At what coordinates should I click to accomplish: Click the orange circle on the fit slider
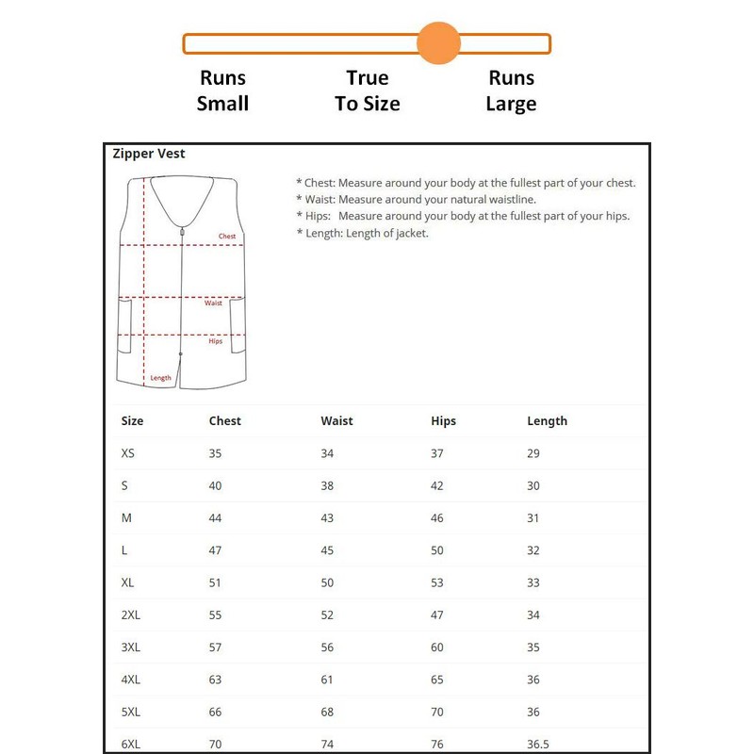coord(438,43)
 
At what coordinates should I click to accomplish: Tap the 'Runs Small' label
coord(222,90)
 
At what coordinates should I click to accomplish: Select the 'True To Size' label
coord(368,90)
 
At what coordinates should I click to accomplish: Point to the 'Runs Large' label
coord(511,90)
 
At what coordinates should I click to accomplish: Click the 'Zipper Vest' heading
coord(149,154)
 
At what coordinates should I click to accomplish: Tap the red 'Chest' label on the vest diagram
coord(227,237)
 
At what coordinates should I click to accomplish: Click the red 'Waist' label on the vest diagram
coord(214,303)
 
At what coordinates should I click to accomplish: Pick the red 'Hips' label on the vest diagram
coord(216,341)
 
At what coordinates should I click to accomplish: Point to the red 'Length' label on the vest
coord(161,378)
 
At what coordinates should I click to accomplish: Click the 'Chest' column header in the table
coord(225,421)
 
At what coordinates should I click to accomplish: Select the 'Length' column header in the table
coord(548,421)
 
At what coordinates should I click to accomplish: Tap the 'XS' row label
coord(128,453)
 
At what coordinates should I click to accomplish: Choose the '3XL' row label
coord(131,647)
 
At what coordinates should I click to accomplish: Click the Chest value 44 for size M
coord(215,518)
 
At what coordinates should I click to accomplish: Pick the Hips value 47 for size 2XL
coord(437,615)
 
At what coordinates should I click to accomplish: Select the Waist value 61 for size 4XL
coord(327,680)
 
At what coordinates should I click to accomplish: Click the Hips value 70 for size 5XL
coord(437,712)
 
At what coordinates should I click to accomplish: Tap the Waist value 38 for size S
coord(327,486)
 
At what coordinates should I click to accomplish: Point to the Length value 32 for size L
coord(533,550)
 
